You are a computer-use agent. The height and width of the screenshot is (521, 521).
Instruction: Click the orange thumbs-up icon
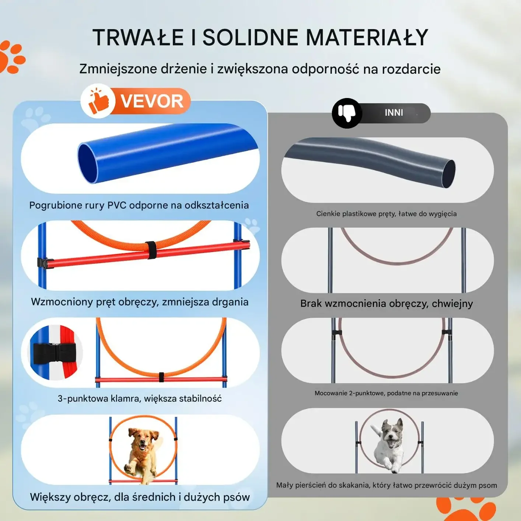(x=98, y=101)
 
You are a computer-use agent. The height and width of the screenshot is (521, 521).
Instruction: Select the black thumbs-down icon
(x=347, y=113)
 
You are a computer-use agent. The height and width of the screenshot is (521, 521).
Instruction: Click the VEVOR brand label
(x=152, y=101)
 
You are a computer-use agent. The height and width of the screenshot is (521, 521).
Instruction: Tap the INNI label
(x=394, y=113)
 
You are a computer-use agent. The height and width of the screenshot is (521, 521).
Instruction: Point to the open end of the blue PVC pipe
(x=88, y=163)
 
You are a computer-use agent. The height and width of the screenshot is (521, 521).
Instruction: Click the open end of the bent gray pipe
(x=448, y=173)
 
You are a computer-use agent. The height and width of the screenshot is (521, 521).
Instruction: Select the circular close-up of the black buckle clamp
(x=56, y=353)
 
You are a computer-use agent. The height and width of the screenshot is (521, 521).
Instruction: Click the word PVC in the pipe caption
(x=117, y=205)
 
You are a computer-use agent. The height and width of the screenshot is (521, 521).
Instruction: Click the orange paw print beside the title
(x=11, y=57)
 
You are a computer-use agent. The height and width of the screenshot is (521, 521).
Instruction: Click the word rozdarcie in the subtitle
(x=411, y=69)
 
